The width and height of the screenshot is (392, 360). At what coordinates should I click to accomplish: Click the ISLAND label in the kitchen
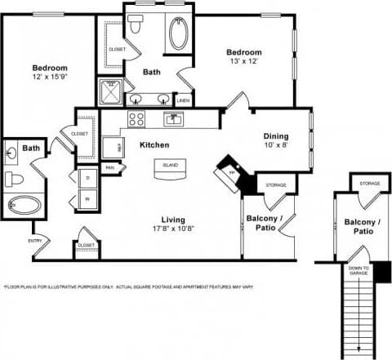point(171,164)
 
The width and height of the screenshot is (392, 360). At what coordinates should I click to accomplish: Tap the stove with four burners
point(136,118)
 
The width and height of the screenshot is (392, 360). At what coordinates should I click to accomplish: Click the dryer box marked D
point(86,178)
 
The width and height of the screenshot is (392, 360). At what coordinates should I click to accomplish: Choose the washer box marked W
point(86,198)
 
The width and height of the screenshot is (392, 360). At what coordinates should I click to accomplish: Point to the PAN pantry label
point(109,168)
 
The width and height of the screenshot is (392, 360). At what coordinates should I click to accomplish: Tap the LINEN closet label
point(183,100)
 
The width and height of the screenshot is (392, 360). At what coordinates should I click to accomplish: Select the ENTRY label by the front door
point(35,240)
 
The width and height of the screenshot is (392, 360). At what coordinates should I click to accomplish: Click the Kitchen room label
point(154,144)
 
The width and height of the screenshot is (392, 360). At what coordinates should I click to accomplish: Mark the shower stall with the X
point(109,92)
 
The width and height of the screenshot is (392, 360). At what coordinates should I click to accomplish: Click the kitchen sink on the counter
point(172,119)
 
